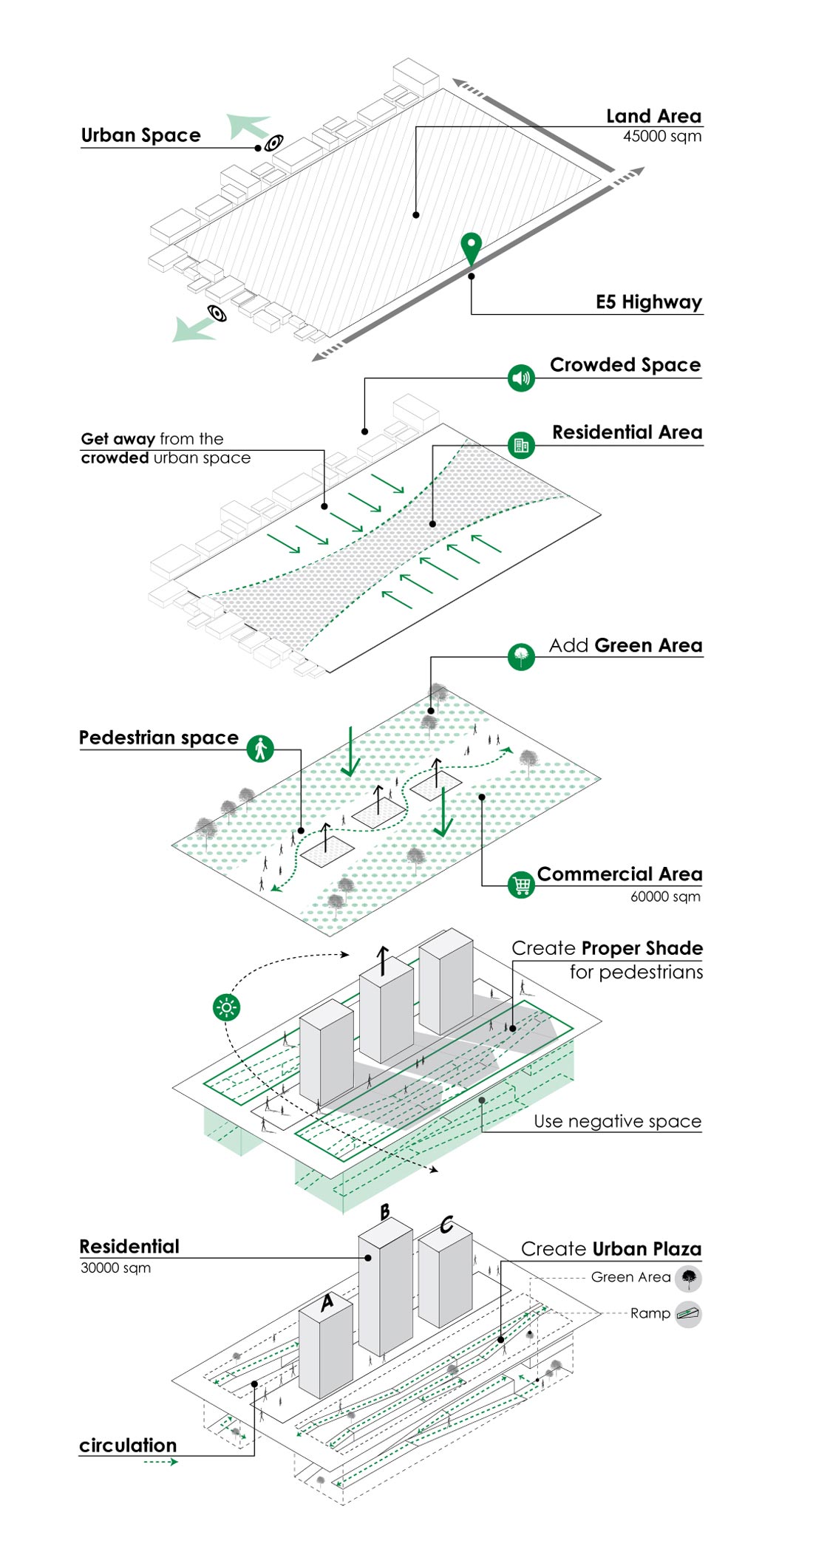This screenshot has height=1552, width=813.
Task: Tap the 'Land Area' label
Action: point(653,116)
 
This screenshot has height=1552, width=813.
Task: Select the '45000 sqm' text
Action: point(661,137)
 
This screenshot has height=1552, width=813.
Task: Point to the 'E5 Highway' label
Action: point(648,302)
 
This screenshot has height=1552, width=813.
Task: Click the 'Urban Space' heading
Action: point(140,135)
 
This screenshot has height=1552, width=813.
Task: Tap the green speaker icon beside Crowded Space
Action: point(521,378)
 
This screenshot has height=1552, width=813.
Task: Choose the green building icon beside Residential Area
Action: point(521,445)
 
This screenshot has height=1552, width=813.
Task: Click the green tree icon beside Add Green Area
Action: point(521,656)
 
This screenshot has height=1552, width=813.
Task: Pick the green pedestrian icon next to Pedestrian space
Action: point(260,749)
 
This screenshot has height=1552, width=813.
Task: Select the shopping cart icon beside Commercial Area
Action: point(521,885)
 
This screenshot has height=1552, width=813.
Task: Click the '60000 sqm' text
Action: point(665,896)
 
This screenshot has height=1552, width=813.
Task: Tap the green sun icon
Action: point(226,1007)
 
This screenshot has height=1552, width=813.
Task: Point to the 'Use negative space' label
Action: point(617,1121)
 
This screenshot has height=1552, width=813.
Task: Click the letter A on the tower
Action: point(327,1303)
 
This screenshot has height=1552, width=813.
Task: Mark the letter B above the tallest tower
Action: point(385,1213)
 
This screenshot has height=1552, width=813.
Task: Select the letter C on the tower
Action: point(446,1225)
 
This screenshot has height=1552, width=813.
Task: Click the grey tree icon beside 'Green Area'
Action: point(689,1278)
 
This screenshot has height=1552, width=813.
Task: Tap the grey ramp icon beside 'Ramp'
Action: point(689,1314)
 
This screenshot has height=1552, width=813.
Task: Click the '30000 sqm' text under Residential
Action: point(115,1268)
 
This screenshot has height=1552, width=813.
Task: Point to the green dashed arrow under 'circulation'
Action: point(160,1462)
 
